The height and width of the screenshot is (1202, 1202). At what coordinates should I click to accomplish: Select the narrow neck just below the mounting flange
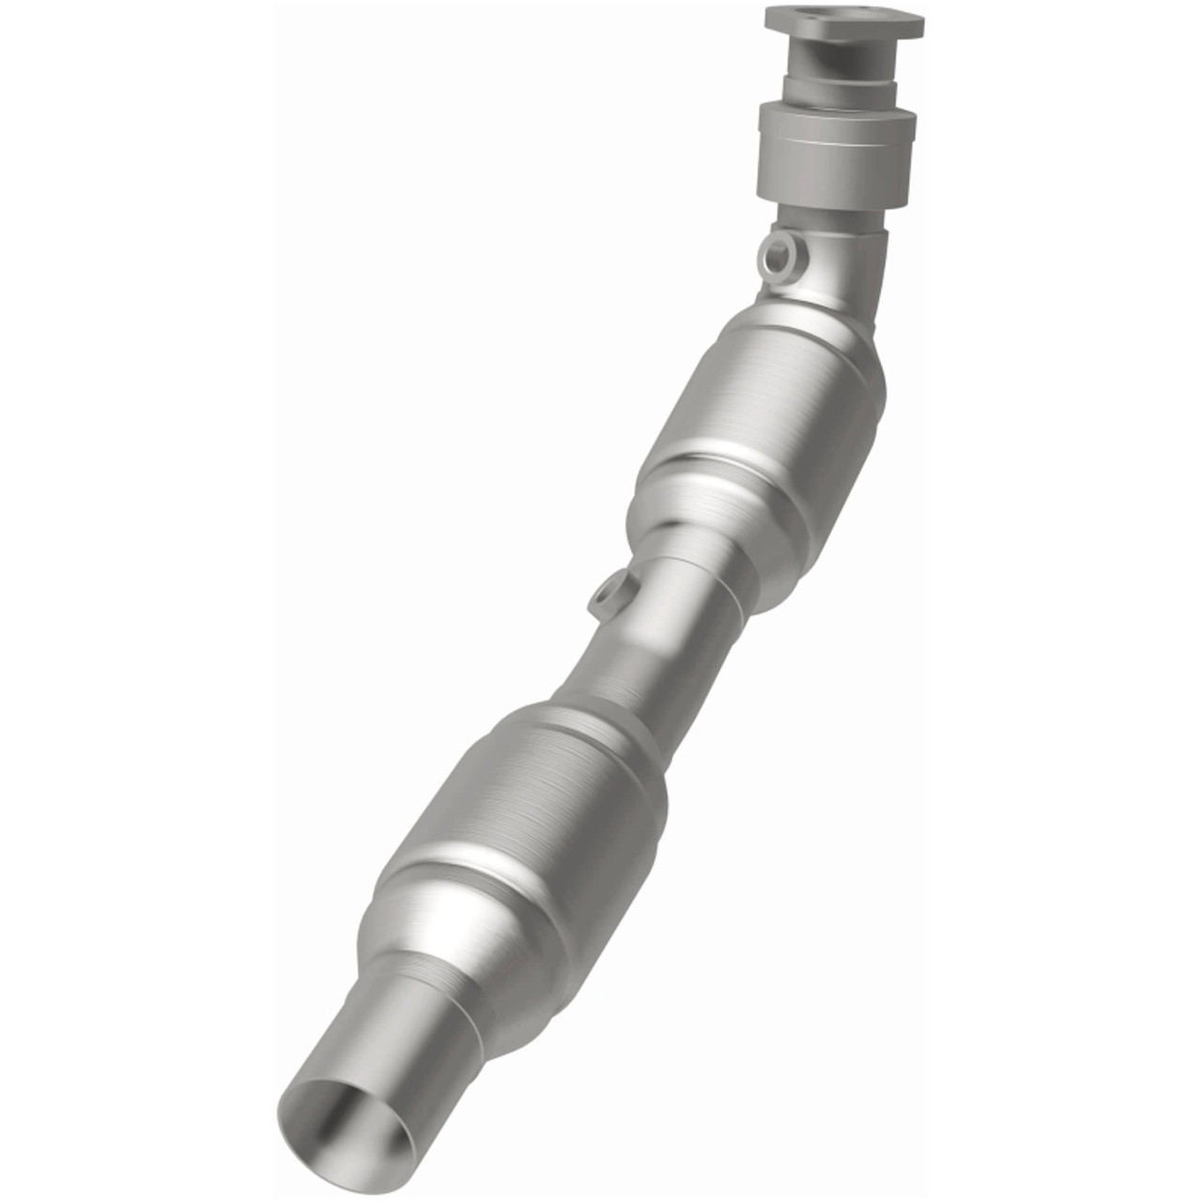[x=836, y=66]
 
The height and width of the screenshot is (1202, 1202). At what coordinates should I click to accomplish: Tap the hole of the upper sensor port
[x=777, y=252]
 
